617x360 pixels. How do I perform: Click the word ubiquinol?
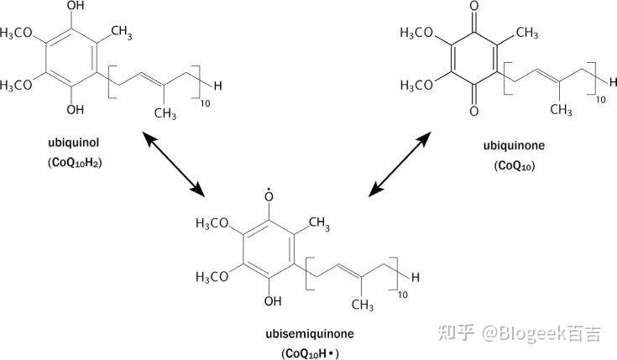[x=71, y=143]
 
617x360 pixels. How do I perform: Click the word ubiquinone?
[x=514, y=145]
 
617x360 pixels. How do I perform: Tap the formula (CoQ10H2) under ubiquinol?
[x=71, y=163]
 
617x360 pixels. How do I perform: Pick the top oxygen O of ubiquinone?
[x=474, y=8]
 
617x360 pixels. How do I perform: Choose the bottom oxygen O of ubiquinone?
[x=474, y=110]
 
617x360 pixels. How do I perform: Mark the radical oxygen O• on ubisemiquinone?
[x=269, y=197]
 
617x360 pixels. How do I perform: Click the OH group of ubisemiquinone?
[x=270, y=300]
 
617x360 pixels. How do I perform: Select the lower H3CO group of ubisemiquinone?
[x=214, y=276]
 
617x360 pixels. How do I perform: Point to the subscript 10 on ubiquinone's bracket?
[x=600, y=99]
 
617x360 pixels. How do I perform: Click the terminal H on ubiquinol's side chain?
[x=218, y=84]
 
